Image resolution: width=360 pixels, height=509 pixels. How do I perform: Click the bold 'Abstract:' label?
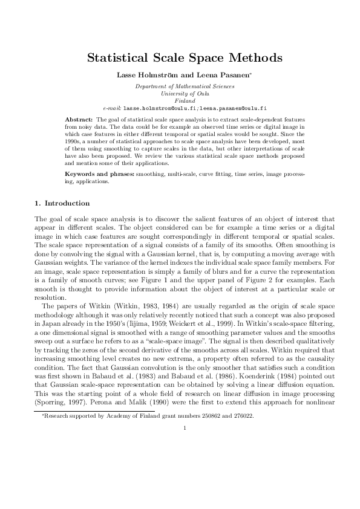[79, 120]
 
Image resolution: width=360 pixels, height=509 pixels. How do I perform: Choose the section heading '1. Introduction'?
[62, 203]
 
